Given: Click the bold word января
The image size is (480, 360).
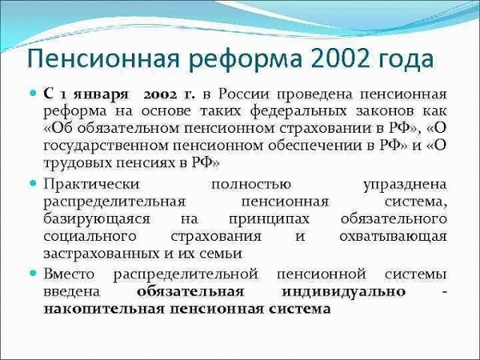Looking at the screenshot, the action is (101, 95).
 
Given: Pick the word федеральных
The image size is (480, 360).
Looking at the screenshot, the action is (298, 112).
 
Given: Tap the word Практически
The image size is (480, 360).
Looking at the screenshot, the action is (91, 185).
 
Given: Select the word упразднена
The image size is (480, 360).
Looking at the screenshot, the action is (405, 186).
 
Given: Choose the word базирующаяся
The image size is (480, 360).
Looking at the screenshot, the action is (97, 220).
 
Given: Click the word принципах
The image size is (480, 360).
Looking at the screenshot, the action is (269, 220).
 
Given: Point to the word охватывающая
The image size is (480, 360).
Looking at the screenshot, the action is (393, 237).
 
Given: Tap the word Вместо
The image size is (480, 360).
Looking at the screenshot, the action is (69, 274).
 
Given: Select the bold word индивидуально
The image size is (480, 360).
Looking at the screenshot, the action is (343, 292).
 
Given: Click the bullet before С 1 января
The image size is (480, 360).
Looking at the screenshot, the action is (33, 93).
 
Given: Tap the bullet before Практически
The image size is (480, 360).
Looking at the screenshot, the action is (33, 183).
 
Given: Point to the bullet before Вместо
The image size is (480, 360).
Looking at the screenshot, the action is (33, 273).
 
